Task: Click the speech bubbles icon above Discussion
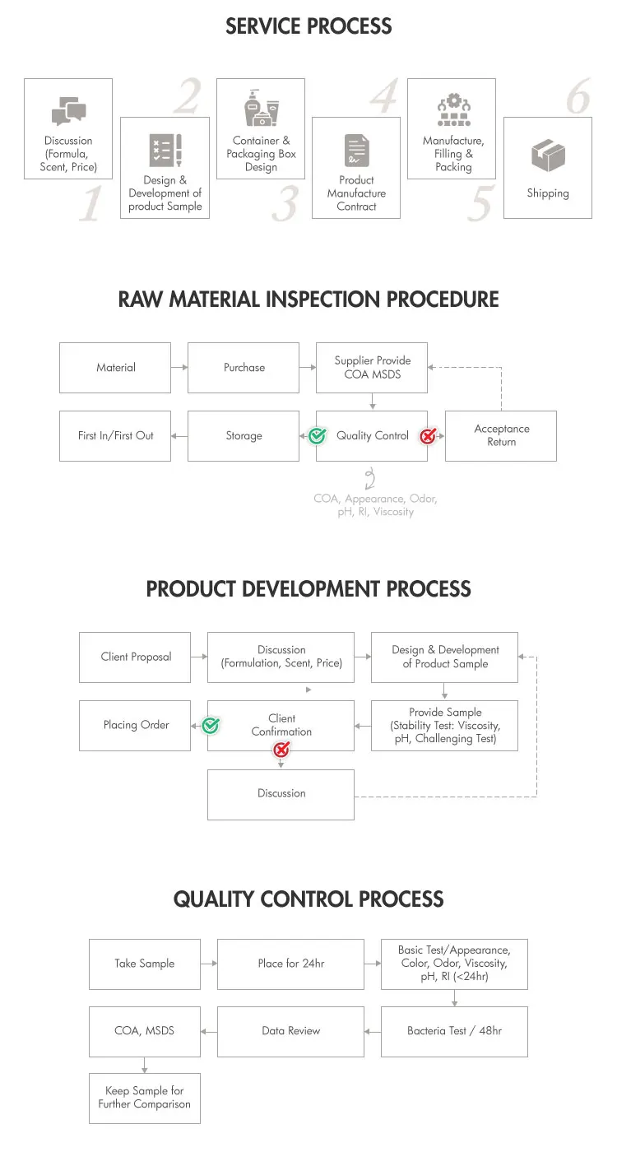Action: point(68,110)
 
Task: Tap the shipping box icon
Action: point(548,155)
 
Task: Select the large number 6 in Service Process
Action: point(578,96)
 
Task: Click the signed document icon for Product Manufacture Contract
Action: point(357,150)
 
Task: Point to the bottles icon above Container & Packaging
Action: point(262,108)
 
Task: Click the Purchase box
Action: point(244,368)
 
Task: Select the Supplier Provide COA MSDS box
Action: point(372,368)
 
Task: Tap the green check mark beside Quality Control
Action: point(317,436)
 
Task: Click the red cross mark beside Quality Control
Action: point(428,436)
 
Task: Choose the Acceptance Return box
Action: point(501,435)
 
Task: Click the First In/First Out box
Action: point(115,435)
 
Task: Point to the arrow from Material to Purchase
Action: point(179,367)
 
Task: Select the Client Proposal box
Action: point(135,657)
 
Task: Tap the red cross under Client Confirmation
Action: point(281,750)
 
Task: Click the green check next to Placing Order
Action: point(211,726)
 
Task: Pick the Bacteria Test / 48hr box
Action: point(454,1032)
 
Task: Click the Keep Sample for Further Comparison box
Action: point(145,1098)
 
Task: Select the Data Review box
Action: point(291,1032)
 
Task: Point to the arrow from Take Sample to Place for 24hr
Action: point(209,964)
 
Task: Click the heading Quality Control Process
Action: point(308,899)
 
